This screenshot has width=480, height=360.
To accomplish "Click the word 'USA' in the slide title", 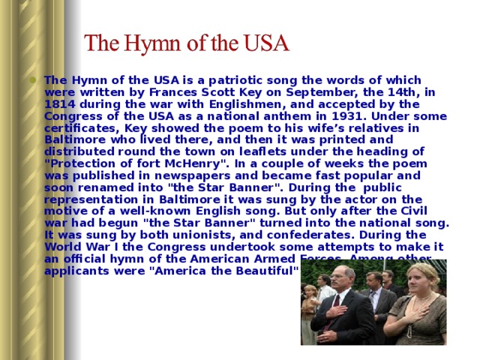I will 262,43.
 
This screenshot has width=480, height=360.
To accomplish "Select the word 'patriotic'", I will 233,80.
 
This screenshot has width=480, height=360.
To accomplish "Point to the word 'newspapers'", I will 193,176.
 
